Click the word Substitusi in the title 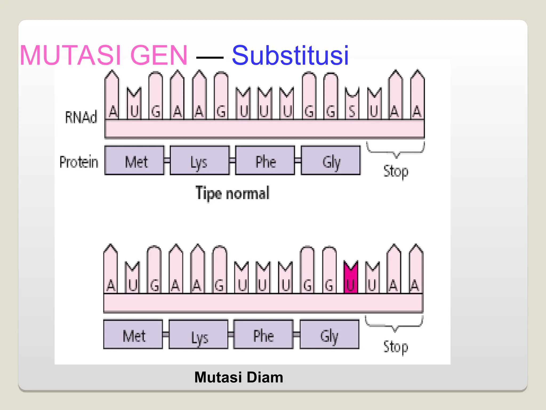point(290,55)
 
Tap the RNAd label point(81,117)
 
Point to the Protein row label point(79,162)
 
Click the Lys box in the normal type point(200,160)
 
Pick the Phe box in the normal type point(265,160)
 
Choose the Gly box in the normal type point(331,160)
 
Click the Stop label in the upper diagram point(396,171)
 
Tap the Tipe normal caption point(232,193)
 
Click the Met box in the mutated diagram point(133,334)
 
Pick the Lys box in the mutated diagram point(199,334)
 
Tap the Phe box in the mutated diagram point(263,334)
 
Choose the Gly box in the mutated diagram point(330,334)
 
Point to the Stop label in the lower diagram point(396,347)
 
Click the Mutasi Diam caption point(239,377)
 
